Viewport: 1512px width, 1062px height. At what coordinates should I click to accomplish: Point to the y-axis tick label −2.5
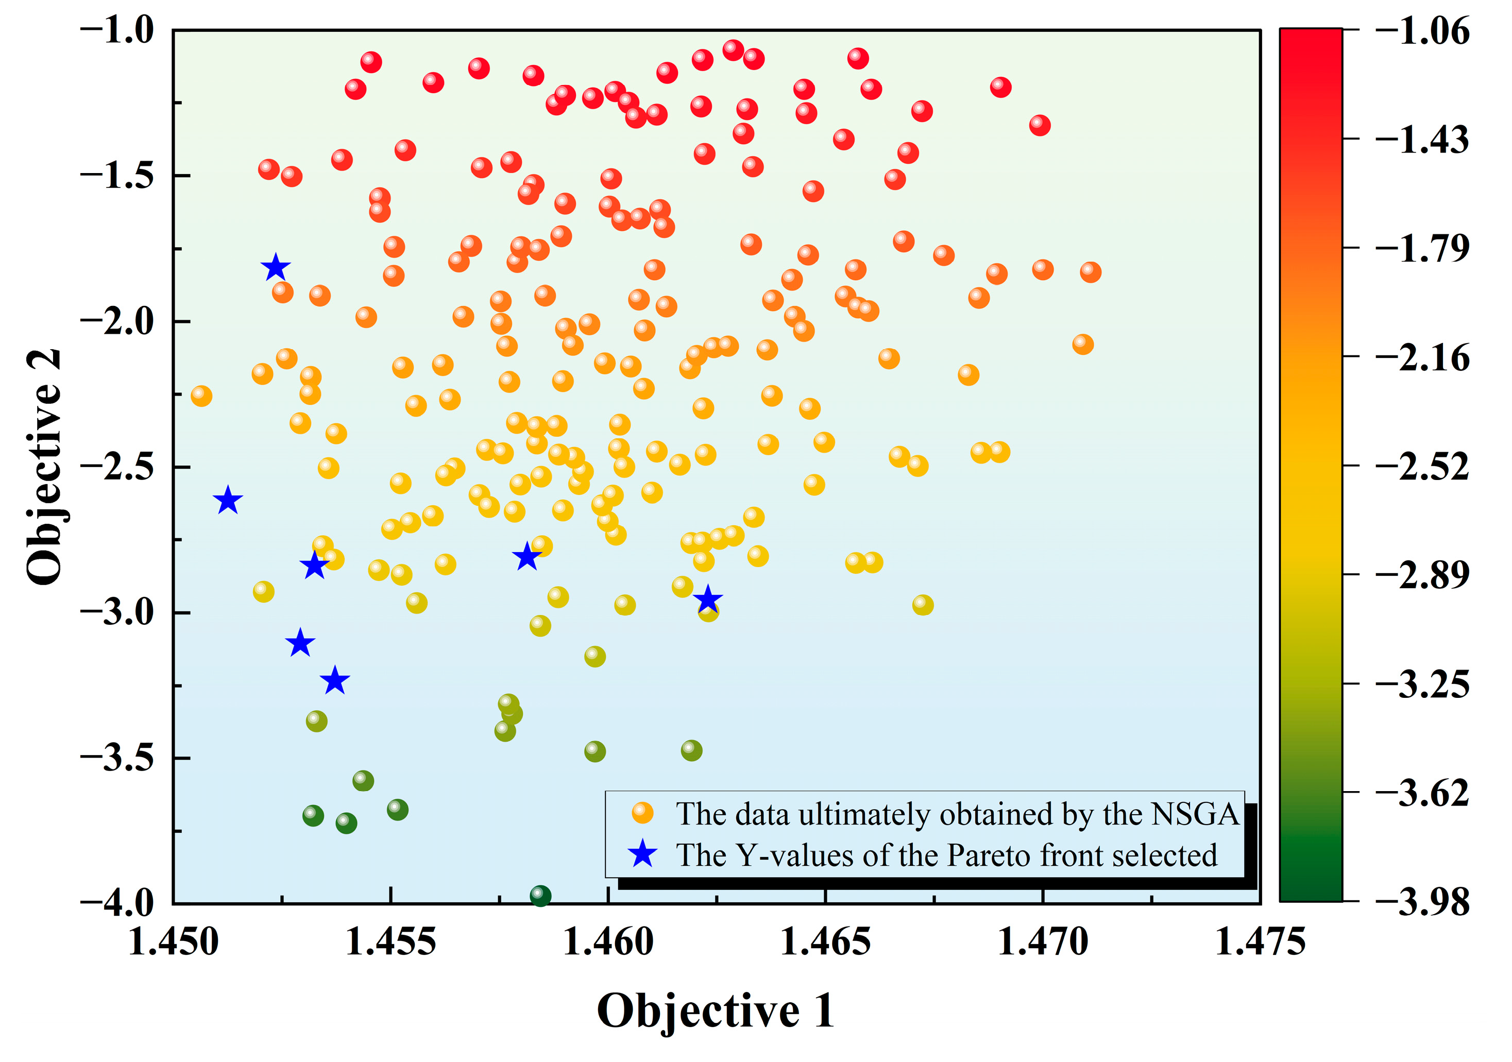pos(117,466)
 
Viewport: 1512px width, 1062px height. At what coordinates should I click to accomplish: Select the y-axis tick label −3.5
pos(117,758)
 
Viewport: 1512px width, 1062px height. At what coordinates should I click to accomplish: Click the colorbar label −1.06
pos(1422,30)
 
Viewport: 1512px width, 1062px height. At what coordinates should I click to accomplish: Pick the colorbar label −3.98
pos(1422,901)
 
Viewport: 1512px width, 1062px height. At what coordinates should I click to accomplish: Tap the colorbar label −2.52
pos(1422,466)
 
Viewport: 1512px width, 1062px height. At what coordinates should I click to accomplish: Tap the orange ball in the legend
pos(642,813)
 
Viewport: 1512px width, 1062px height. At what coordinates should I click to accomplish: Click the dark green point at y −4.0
pos(540,896)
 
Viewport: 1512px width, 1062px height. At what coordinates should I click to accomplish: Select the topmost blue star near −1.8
pos(275,267)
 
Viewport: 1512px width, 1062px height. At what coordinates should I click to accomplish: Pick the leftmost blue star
pos(228,501)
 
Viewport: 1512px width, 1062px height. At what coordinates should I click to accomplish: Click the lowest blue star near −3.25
pos(335,681)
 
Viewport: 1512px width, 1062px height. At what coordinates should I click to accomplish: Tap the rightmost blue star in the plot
pos(708,599)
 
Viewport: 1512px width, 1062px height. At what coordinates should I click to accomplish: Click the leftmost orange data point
pos(201,396)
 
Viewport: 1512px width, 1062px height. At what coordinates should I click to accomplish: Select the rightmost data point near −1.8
pos(1091,271)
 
